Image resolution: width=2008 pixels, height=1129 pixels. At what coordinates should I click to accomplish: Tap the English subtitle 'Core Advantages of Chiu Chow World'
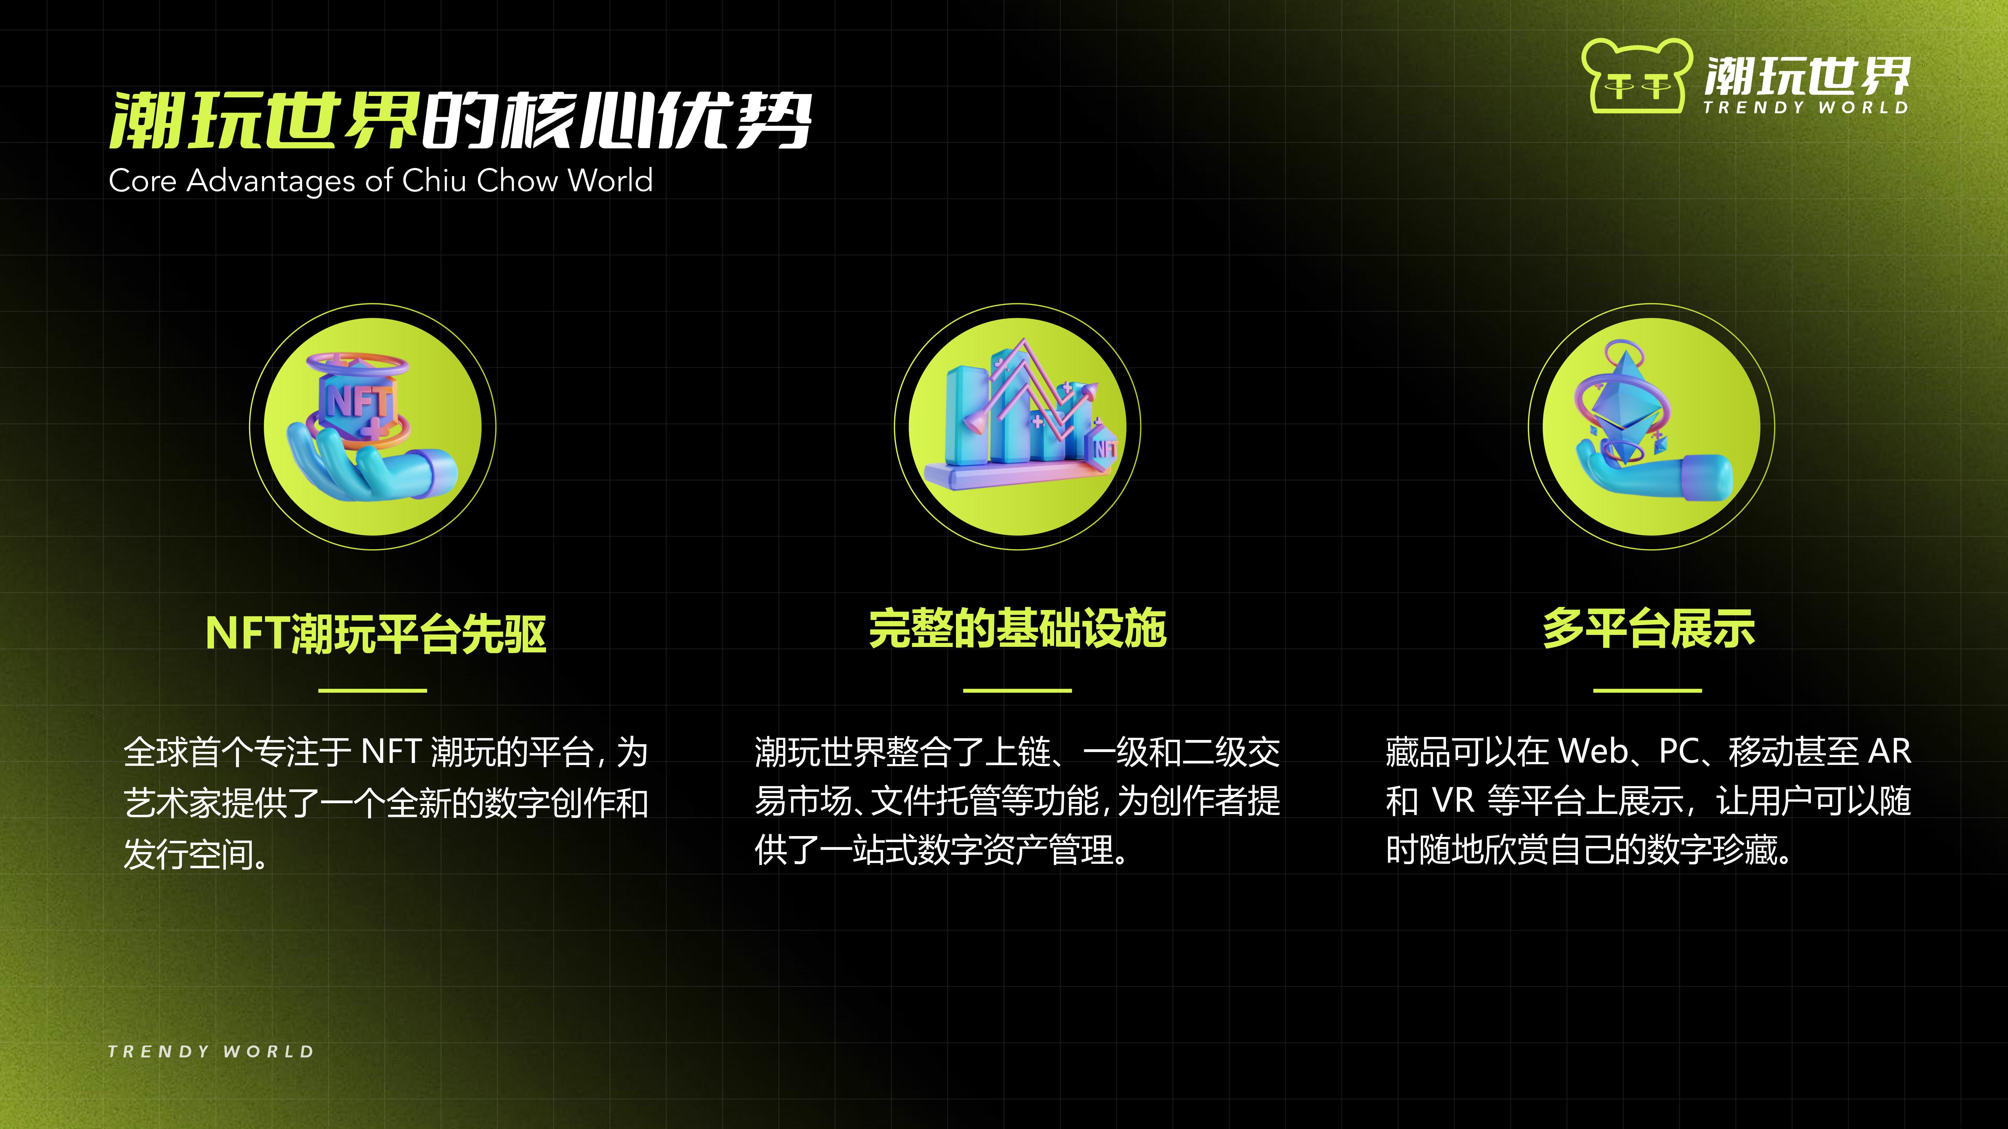pyautogui.click(x=380, y=181)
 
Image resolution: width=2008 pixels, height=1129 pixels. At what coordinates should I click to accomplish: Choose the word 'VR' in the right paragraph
pyautogui.click(x=1454, y=800)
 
